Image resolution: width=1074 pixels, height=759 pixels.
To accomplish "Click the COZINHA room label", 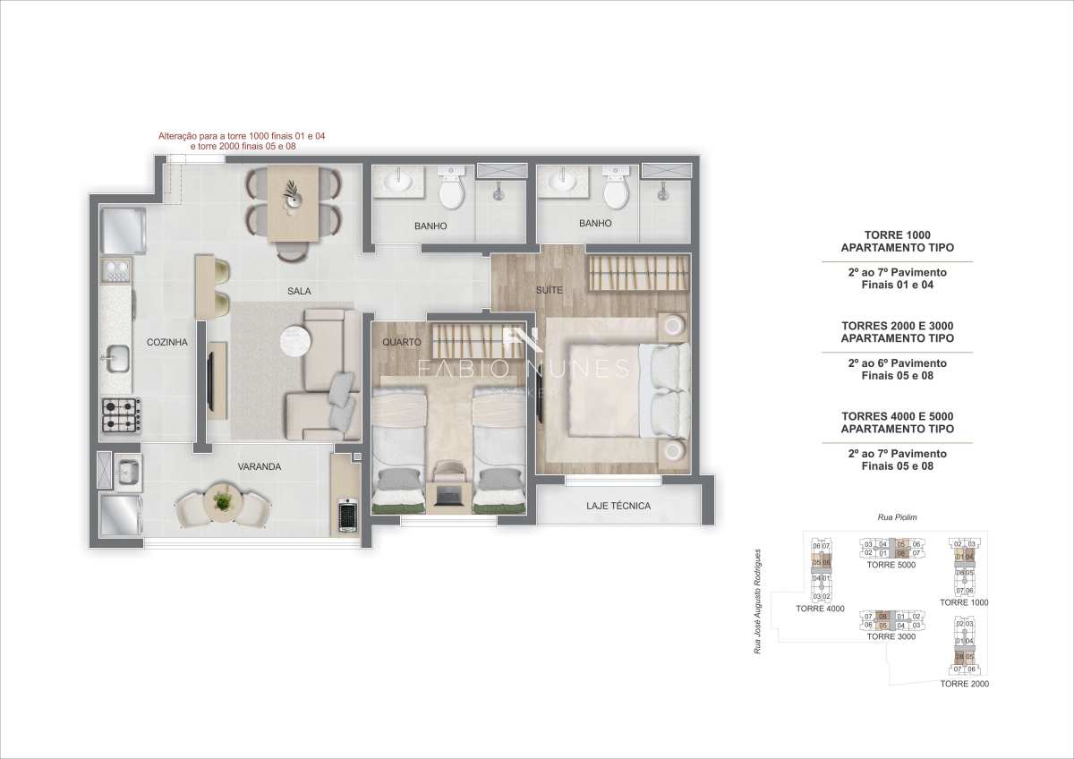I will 166,342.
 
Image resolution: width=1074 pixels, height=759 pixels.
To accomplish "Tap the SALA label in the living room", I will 299,291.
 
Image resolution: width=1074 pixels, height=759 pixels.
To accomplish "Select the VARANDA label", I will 260,466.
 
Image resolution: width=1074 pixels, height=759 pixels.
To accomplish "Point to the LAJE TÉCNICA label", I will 618,506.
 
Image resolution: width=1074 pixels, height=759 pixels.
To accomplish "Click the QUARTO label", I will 401,342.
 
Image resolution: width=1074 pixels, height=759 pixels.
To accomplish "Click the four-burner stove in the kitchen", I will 121,415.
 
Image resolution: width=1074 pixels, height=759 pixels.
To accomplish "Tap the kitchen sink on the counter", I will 116,359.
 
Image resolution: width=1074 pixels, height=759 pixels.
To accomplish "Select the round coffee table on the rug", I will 295,341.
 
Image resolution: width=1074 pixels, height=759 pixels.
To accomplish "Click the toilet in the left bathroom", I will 450,189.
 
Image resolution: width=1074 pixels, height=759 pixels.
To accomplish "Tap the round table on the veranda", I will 221,502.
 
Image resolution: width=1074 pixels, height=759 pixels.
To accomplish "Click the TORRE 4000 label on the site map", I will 820,609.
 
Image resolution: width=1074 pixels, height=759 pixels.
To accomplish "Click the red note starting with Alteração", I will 242,141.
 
